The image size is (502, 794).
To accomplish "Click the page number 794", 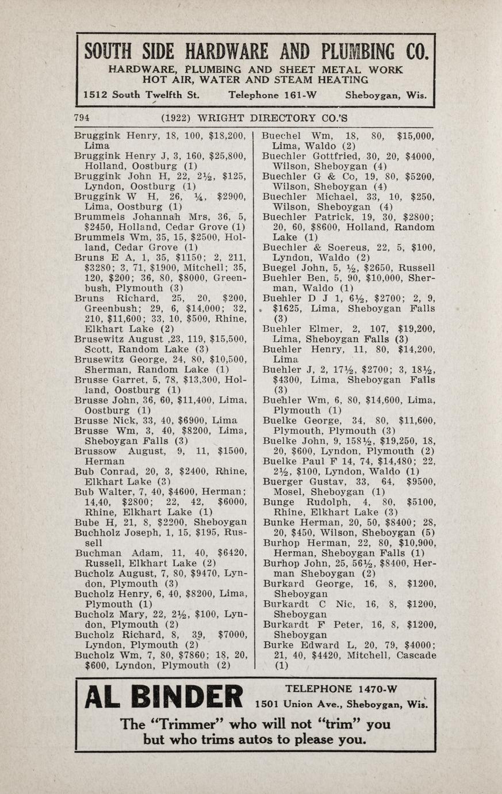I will [x=82, y=118].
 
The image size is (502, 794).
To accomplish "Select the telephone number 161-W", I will [x=297, y=95].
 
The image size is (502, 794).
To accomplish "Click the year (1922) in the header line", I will [x=177, y=118].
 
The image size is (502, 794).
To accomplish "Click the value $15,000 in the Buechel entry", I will [x=416, y=136].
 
